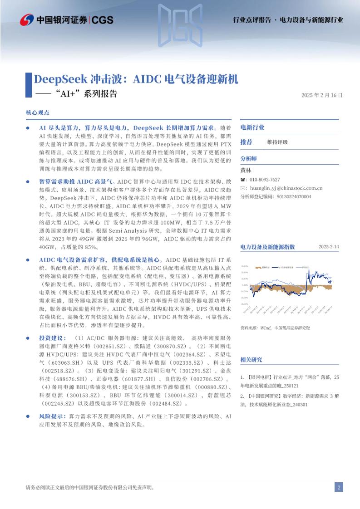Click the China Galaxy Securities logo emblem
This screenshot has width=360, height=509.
click(x=27, y=20)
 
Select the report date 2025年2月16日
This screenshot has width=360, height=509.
click(x=321, y=95)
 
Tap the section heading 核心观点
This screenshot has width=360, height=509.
click(x=38, y=113)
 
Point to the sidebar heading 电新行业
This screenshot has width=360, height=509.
click(x=252, y=127)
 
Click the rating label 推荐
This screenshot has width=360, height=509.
click(x=246, y=142)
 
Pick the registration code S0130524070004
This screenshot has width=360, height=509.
click(x=291, y=196)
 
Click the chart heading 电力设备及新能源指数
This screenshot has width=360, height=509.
click(x=267, y=247)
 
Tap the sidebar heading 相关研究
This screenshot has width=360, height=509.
click(x=251, y=360)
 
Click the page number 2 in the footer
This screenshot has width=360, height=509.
click(x=338, y=488)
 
